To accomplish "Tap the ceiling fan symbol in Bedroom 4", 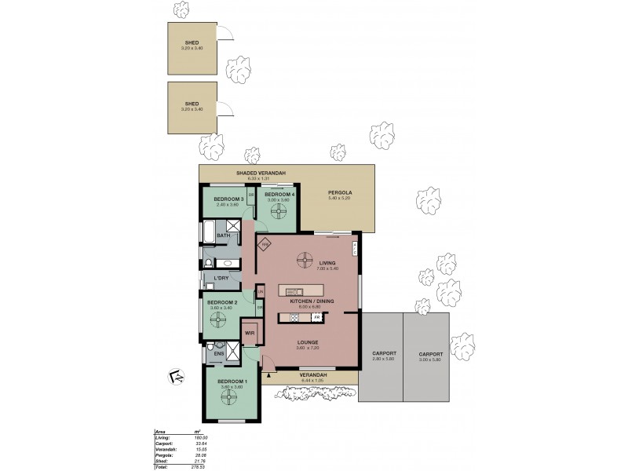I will click(279, 211).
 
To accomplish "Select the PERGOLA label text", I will click(340, 192).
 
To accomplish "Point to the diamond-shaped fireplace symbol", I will click(265, 244).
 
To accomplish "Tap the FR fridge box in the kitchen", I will click(317, 316).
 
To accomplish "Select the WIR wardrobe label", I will click(250, 333).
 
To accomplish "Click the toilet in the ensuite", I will click(211, 349).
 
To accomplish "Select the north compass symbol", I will click(177, 377).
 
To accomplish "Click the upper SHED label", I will click(192, 42).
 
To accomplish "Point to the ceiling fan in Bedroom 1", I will click(229, 398).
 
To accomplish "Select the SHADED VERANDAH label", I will click(260, 173).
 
